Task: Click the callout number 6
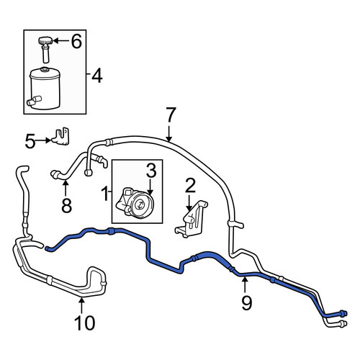[x=76, y=41]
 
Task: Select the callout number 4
[x=97, y=76]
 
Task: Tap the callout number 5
[x=30, y=141]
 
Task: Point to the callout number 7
[x=171, y=114]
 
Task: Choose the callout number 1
[x=105, y=194]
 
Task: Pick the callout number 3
[x=151, y=171]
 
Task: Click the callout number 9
[x=246, y=303]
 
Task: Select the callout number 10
[x=85, y=323]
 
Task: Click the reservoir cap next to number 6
[x=45, y=41]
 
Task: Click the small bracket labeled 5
[x=60, y=136]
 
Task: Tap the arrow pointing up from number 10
[x=81, y=305]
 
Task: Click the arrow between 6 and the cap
[x=60, y=41]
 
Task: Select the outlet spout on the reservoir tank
[x=35, y=100]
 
